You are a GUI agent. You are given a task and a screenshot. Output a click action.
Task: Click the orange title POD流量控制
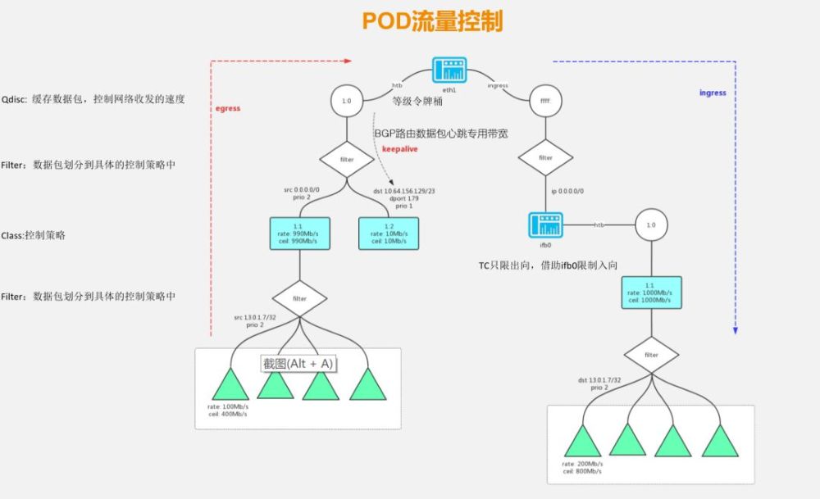[432, 22]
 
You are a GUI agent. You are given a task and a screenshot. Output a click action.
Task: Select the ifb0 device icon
[546, 224]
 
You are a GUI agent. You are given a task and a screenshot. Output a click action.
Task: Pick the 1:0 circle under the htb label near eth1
[346, 101]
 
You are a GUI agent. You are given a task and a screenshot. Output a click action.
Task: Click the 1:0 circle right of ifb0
[650, 225]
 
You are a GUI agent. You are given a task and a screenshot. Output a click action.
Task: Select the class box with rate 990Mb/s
[299, 234]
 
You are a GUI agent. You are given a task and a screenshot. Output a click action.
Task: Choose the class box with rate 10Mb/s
[389, 234]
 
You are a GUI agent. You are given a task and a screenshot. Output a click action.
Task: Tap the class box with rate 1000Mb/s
[650, 292]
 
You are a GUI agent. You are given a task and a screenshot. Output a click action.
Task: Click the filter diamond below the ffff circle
[544, 158]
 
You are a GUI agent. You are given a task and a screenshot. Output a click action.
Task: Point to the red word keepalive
[400, 149]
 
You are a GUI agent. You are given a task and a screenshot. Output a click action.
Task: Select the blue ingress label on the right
[713, 93]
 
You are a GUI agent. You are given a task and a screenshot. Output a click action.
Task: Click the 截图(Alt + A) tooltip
[299, 363]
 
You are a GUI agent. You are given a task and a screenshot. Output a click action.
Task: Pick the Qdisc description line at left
[93, 99]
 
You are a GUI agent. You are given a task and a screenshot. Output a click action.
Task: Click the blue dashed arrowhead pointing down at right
[736, 331]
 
